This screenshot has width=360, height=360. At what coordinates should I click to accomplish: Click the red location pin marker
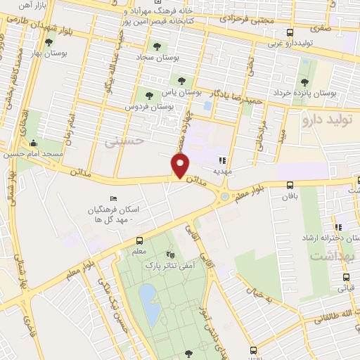[181, 166]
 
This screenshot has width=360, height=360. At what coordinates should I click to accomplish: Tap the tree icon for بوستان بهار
[49, 42]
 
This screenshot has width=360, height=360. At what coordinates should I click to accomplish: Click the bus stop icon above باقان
[290, 185]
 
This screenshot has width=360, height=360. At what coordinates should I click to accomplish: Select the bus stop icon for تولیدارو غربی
[290, 32]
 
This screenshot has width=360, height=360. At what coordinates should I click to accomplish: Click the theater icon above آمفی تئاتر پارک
[169, 255]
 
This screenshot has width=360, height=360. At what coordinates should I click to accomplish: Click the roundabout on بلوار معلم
[224, 197]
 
